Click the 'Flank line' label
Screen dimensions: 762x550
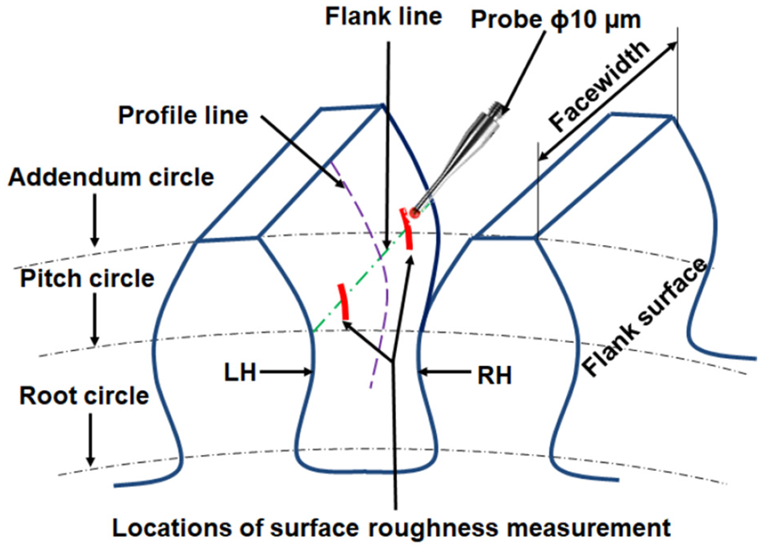point(384,16)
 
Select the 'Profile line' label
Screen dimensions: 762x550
point(183,115)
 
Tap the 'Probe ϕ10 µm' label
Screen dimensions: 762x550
point(556,20)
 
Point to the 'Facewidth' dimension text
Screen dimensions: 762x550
point(600,86)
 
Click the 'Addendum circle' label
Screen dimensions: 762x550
point(111,177)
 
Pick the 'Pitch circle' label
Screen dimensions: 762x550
point(87,279)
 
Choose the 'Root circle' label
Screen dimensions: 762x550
point(84,396)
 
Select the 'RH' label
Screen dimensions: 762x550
point(494,376)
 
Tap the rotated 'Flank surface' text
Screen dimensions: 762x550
point(644,317)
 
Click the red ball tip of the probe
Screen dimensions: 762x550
point(414,212)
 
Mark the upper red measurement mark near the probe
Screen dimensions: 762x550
point(407,228)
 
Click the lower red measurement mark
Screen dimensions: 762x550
point(344,302)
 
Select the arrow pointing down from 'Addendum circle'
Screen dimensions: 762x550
point(95,219)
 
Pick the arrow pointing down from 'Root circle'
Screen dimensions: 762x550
point(90,440)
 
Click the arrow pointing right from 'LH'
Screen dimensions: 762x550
point(285,373)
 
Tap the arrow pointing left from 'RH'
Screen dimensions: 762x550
point(444,373)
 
